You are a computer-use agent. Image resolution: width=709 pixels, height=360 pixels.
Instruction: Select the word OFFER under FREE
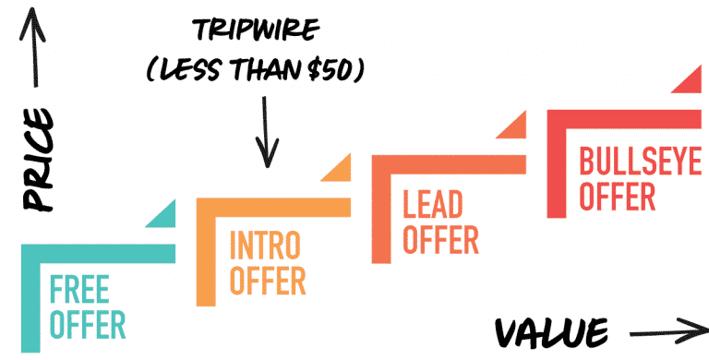tap(88, 325)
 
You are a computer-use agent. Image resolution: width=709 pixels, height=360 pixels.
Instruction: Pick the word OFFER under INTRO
tap(267, 280)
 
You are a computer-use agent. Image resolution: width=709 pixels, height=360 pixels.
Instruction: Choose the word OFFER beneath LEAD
tap(440, 239)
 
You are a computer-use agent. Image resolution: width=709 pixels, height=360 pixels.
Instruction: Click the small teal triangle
tap(162, 216)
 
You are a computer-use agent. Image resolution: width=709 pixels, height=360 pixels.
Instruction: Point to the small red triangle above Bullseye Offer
tap(688, 82)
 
